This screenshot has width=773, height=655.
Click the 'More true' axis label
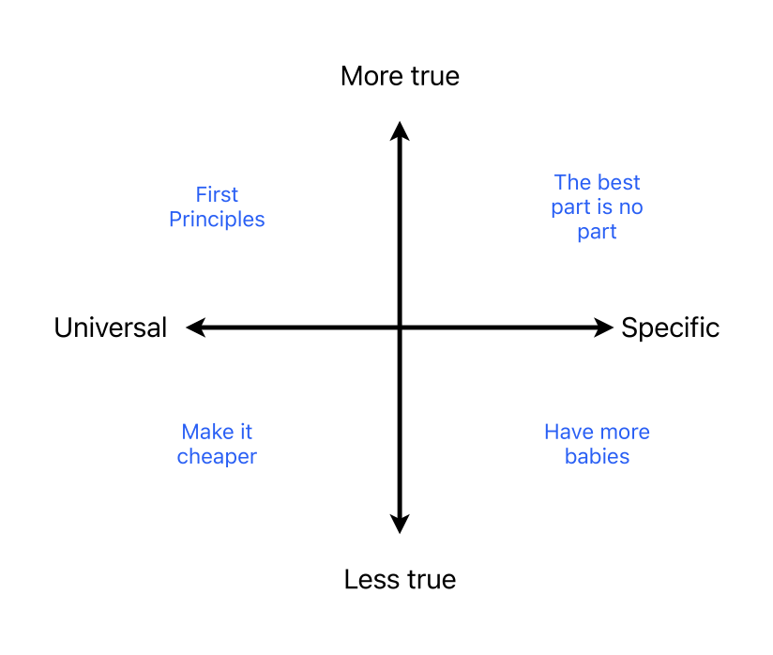pos(400,76)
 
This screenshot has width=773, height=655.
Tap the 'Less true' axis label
pos(400,580)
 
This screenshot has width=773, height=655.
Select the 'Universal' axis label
pos(111,327)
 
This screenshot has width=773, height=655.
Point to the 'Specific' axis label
pos(670,327)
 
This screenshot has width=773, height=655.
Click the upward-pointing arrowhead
pos(400,130)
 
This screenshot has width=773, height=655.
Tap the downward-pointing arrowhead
pos(400,524)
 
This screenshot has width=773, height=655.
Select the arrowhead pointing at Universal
pos(195,327)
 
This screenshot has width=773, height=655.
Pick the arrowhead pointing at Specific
pos(603,327)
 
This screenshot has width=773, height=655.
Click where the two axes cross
pos(400,327)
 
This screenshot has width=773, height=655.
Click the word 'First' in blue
pos(217,195)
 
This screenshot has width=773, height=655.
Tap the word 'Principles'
pos(217,220)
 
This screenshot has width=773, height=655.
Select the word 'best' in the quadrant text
pos(619,182)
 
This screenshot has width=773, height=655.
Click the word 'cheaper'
pos(217,457)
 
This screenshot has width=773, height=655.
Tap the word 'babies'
pos(597,457)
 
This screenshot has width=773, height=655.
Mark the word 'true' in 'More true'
pos(432,76)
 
